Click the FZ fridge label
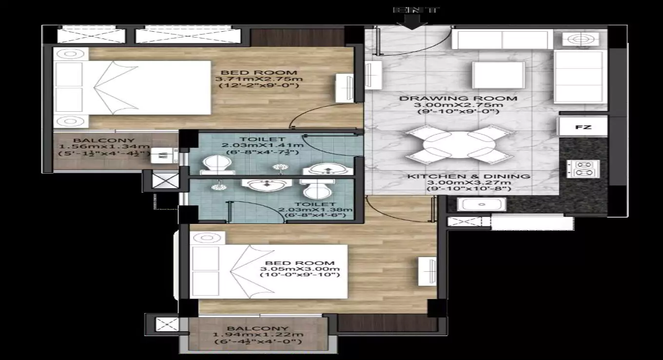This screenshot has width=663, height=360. pos(583,127)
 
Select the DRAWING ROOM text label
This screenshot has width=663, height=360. pos(458,99)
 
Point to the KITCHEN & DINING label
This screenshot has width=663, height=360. pos(468,176)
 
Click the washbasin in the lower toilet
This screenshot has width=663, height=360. pos(267,185)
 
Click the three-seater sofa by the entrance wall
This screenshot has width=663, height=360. pos(502,40)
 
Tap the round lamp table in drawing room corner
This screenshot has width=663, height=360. pos(580,39)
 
